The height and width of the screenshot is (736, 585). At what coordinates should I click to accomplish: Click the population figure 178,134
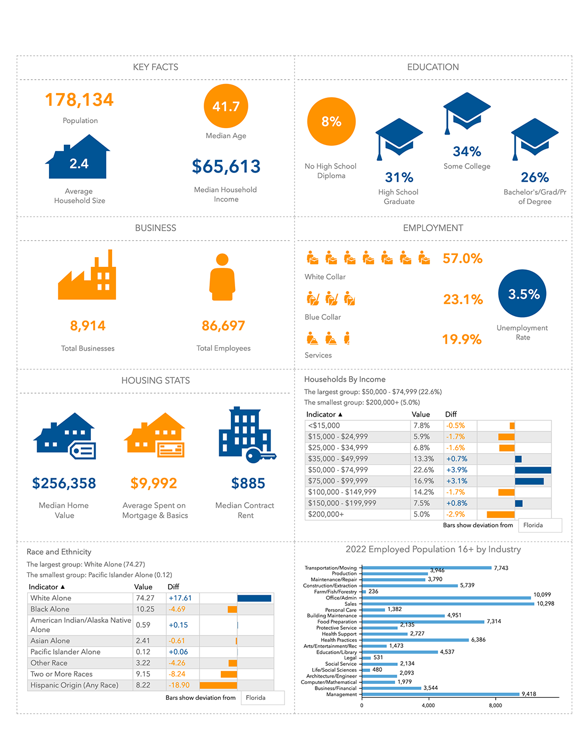[x=79, y=100]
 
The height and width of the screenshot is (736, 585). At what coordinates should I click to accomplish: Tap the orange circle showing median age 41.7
[x=226, y=106]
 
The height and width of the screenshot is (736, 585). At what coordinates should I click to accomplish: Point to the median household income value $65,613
[x=226, y=166]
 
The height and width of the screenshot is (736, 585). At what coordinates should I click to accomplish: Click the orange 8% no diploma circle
[x=331, y=122]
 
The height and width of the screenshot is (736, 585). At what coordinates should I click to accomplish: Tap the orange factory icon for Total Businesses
[x=87, y=276]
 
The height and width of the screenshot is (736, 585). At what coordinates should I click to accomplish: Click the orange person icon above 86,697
[x=222, y=277]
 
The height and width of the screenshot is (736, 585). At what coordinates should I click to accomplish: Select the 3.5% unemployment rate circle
[x=522, y=294]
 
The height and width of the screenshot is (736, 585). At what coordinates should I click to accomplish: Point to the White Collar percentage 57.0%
[x=462, y=259]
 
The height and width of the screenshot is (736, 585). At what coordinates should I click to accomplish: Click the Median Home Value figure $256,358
[x=64, y=484]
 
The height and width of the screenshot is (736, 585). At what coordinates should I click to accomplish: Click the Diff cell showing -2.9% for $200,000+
[x=456, y=514]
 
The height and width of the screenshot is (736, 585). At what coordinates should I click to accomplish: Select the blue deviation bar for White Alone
[x=254, y=598]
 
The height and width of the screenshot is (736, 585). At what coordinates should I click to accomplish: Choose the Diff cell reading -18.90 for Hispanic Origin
[x=179, y=685]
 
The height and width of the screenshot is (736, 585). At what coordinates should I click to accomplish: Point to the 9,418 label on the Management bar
[x=529, y=694]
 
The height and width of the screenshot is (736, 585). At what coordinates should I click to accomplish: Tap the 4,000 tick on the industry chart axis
[x=428, y=706]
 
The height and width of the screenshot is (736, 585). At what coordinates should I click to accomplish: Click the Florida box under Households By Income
[x=539, y=525]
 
